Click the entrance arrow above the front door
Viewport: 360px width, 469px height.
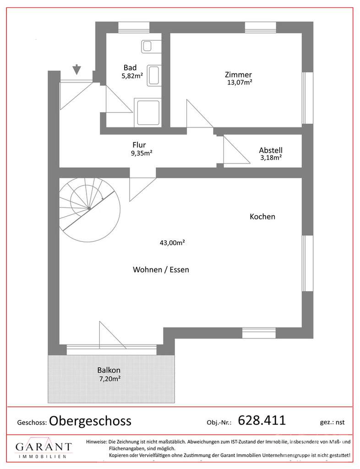click(76, 69)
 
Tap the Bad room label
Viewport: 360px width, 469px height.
click(130, 67)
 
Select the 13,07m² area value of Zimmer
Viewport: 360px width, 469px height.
click(240, 82)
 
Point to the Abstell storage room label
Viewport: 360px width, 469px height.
click(270, 150)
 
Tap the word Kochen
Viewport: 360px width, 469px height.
click(262, 217)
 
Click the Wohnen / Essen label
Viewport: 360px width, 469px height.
click(161, 270)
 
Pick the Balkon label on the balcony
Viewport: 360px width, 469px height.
click(109, 370)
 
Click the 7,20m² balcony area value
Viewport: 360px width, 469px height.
click(109, 379)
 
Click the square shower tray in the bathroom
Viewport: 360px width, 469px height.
click(147, 113)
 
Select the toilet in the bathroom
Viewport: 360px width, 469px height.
click(153, 75)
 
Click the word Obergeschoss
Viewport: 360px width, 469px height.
click(90, 420)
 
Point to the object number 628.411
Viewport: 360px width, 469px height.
click(262, 420)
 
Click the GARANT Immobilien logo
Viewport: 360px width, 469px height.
click(44, 449)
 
